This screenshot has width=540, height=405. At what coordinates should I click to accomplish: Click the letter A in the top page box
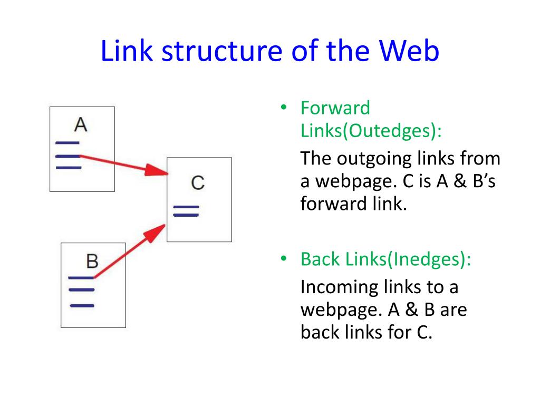[81, 124]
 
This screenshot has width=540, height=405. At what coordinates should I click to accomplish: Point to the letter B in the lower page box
[92, 261]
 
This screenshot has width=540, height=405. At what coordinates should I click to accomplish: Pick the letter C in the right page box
[198, 183]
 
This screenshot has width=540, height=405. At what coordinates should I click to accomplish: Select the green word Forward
[335, 108]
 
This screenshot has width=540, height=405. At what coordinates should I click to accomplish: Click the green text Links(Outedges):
[371, 130]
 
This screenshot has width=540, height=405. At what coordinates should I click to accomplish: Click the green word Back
[321, 259]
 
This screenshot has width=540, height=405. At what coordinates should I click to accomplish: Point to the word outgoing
[372, 159]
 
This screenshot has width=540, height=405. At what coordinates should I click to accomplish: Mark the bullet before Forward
[283, 109]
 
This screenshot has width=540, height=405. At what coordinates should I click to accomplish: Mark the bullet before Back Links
[283, 259]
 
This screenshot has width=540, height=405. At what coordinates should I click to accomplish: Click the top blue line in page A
[67, 143]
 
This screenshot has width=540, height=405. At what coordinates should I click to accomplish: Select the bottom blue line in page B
[82, 305]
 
